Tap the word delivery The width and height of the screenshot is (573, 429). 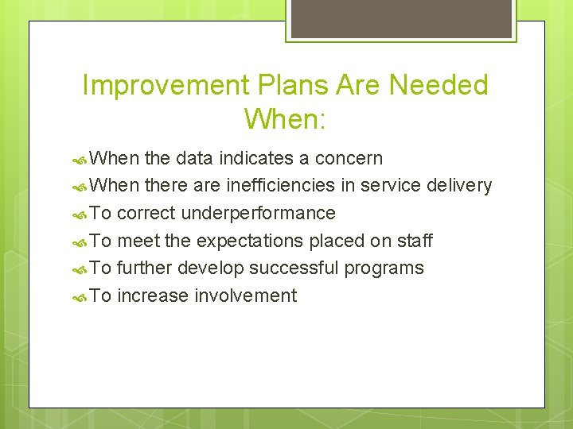click(459, 186)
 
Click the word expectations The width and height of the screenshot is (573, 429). click(252, 241)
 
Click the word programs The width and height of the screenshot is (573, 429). click(385, 269)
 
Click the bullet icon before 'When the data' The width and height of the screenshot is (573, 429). click(80, 159)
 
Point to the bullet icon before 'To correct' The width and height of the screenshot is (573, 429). click(80, 214)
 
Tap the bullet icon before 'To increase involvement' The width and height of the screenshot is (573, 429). click(80, 297)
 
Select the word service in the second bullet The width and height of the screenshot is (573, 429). click(392, 186)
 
